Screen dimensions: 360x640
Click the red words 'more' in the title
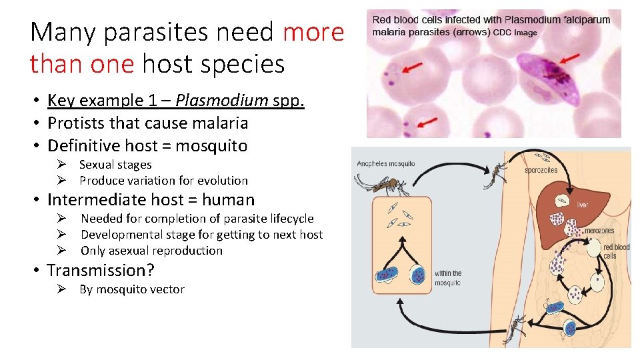[313, 32]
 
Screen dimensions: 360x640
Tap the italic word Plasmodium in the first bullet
[233, 101]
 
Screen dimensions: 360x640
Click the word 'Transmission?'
[100, 271]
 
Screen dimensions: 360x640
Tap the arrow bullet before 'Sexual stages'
[59, 165]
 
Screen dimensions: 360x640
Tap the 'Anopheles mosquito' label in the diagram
[385, 164]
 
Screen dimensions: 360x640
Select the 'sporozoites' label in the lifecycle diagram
[541, 170]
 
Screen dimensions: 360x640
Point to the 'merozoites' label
[599, 231]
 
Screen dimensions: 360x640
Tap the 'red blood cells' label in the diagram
[615, 251]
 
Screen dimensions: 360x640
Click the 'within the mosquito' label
[447, 278]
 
